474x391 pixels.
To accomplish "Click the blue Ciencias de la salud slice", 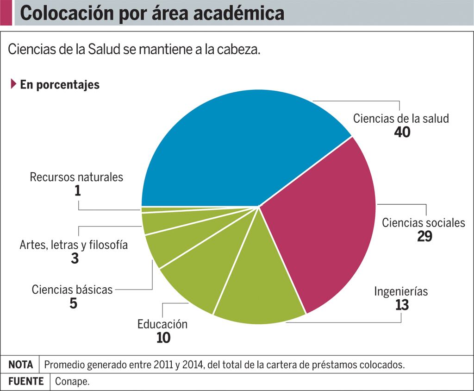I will [x=241, y=148].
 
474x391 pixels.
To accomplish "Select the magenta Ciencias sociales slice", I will [x=324, y=222].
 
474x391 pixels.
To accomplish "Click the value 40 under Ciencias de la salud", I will [x=402, y=132].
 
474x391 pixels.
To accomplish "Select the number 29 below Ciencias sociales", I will [x=424, y=236].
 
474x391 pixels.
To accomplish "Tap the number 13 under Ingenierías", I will [x=402, y=305].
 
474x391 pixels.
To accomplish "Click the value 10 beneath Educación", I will [x=163, y=338].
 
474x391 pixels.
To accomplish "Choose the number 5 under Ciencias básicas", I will [x=73, y=303].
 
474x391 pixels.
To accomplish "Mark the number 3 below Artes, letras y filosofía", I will [x=75, y=259].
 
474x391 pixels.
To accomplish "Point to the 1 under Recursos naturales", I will [x=77, y=190].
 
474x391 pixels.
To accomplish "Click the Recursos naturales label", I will [x=76, y=177].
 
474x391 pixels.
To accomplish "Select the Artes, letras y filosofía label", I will [x=74, y=245].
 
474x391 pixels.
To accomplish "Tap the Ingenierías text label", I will [x=401, y=291].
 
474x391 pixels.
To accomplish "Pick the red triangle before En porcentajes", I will [x=13, y=84].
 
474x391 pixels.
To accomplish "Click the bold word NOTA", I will [x=20, y=365].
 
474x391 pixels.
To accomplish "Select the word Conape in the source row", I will [x=71, y=382].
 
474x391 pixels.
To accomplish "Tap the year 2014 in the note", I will [x=193, y=365].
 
